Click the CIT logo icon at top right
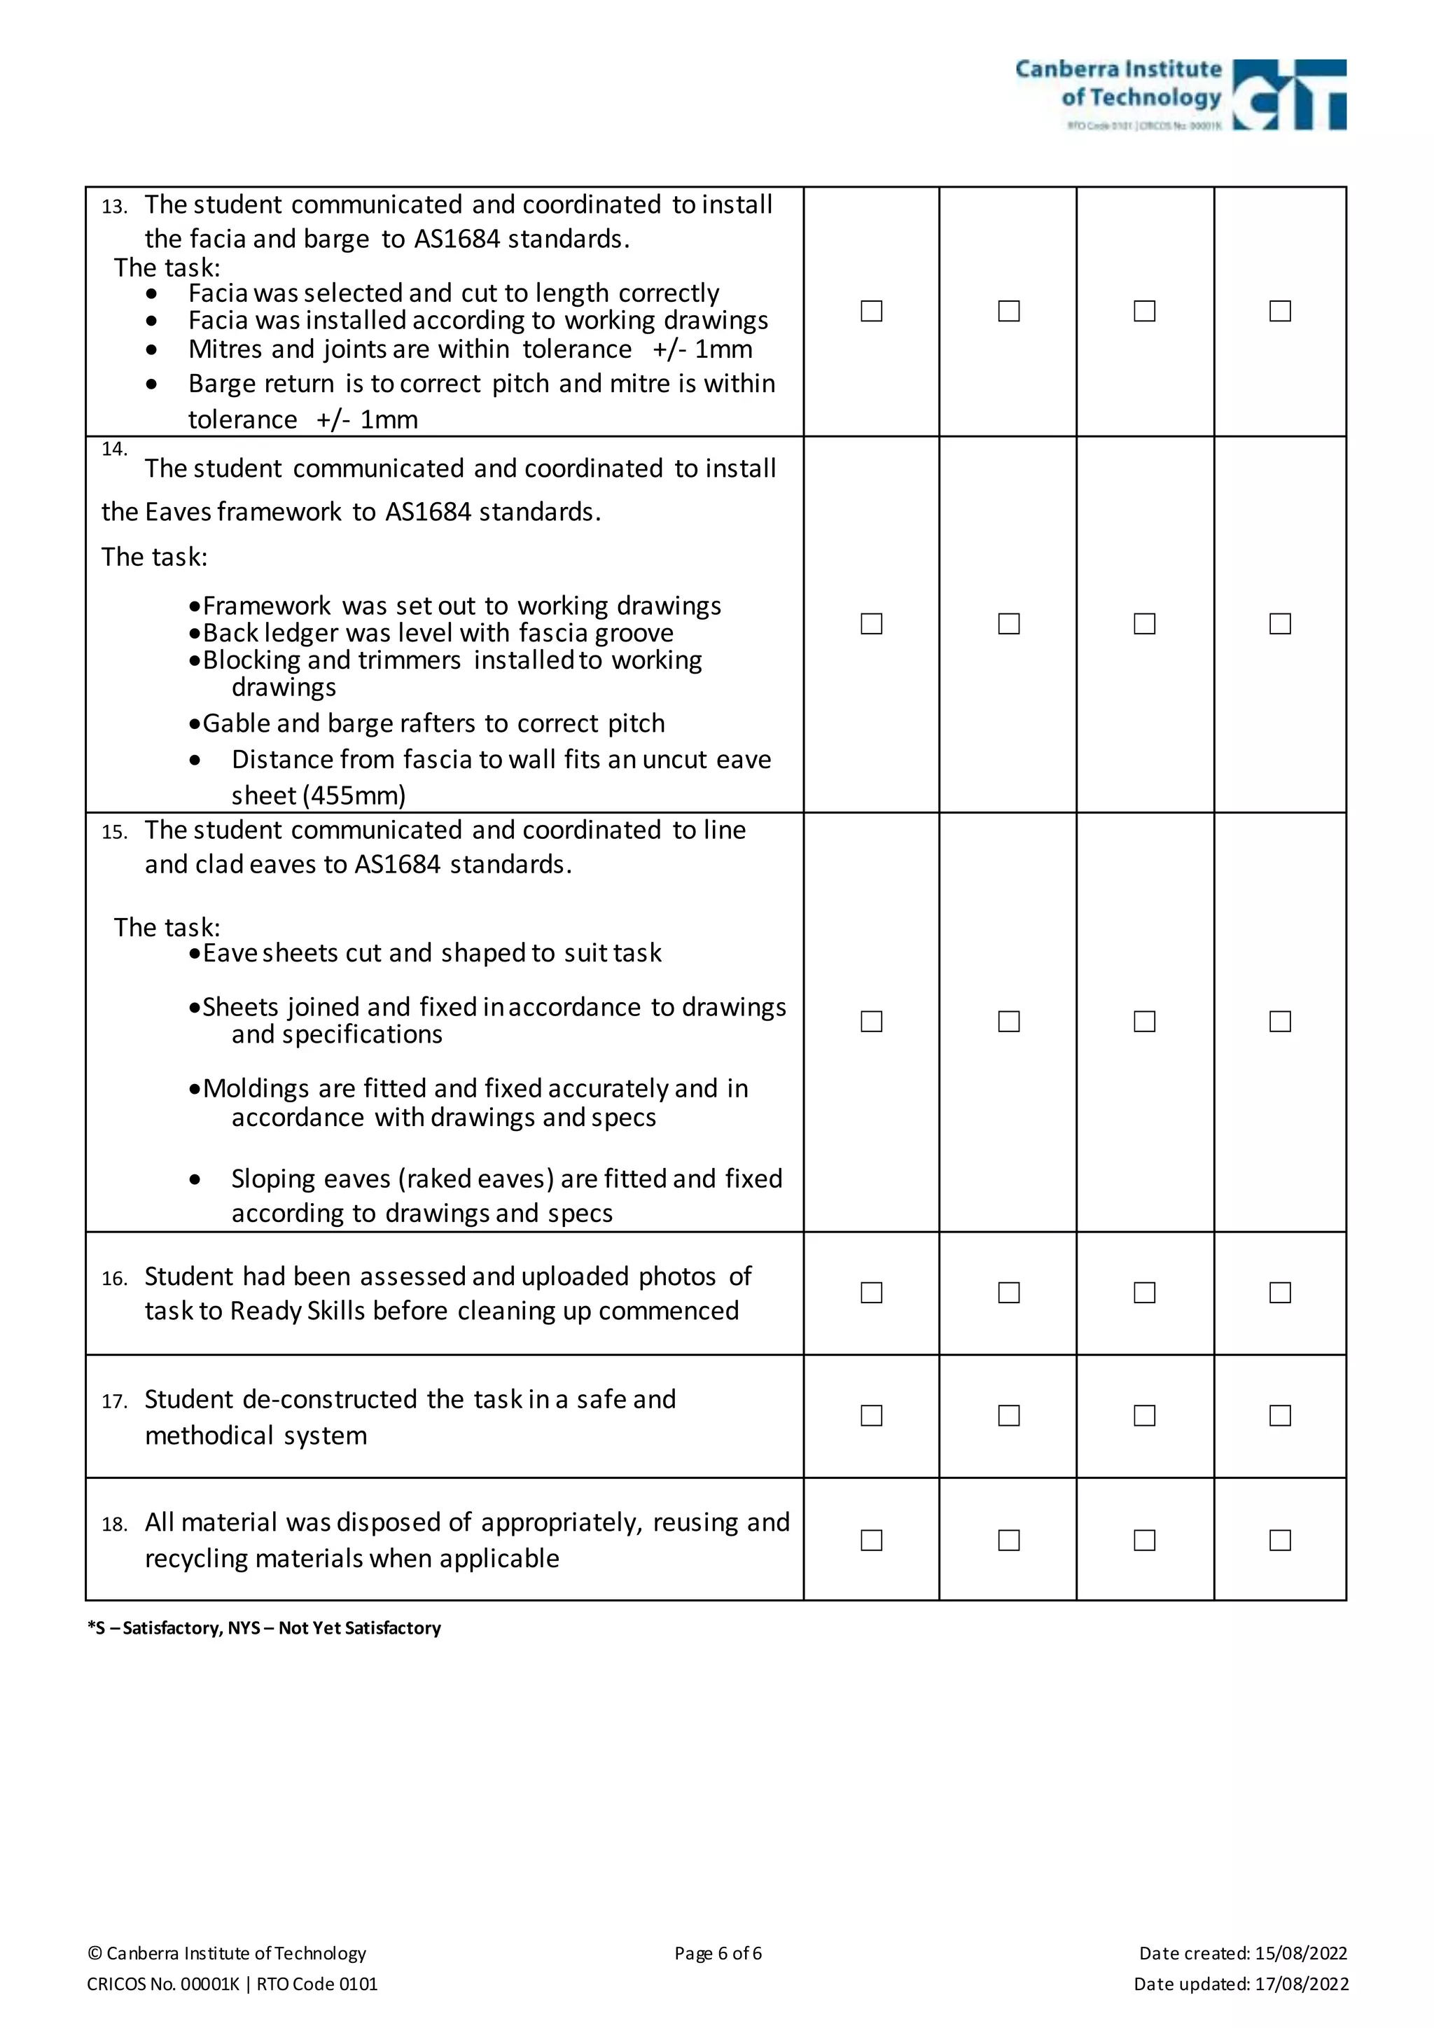click(1288, 95)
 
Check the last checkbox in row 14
click(1279, 623)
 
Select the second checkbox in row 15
click(1008, 1021)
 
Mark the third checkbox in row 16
click(1144, 1292)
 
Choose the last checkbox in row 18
click(1279, 1539)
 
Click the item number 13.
click(114, 207)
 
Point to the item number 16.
click(114, 1279)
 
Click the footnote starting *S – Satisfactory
click(264, 1628)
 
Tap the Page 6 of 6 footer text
click(717, 1953)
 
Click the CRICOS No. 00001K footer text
click(163, 1984)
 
